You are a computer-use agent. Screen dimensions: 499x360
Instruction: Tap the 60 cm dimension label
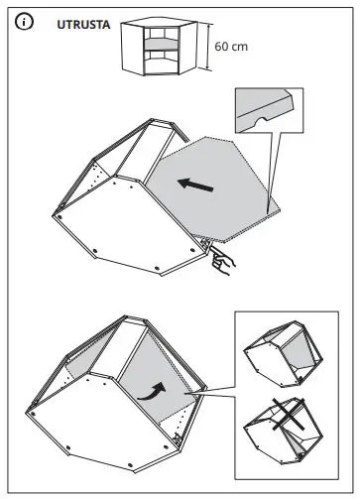(x=230, y=47)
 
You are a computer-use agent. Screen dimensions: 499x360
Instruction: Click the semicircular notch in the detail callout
(x=260, y=122)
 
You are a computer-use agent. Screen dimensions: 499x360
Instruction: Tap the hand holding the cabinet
(x=223, y=262)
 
